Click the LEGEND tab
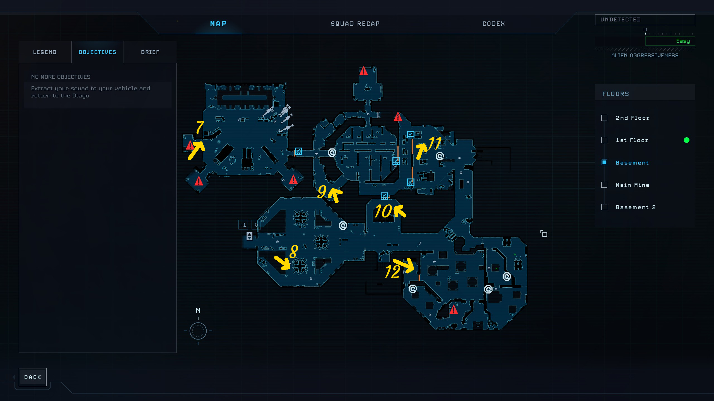click(x=45, y=52)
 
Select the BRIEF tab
click(x=150, y=52)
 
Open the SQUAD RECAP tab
click(x=355, y=24)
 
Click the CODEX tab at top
click(x=493, y=24)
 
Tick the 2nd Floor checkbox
click(x=604, y=118)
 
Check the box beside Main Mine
click(x=604, y=185)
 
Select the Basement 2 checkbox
click(x=604, y=207)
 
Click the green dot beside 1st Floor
click(x=686, y=140)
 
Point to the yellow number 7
click(x=200, y=127)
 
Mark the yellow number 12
click(x=392, y=272)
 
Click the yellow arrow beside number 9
click(x=335, y=194)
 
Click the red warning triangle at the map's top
click(x=363, y=71)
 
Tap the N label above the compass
click(x=198, y=311)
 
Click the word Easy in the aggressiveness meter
click(x=683, y=41)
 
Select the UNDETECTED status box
click(x=645, y=20)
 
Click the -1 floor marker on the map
click(x=243, y=225)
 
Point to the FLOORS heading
click(x=616, y=94)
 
